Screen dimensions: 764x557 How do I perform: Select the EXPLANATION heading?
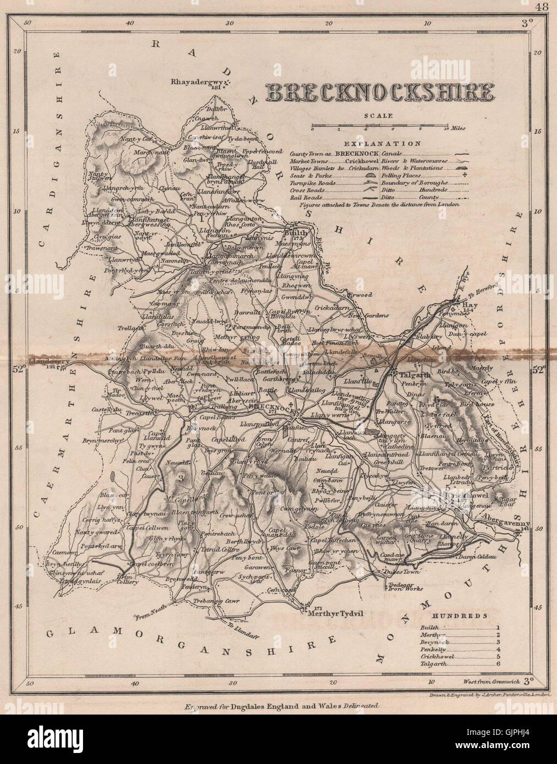383,143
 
